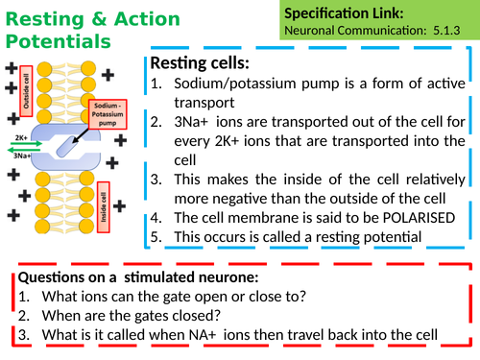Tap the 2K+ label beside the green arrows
click(20, 138)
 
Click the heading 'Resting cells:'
click(199, 62)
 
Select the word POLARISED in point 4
click(390, 216)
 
